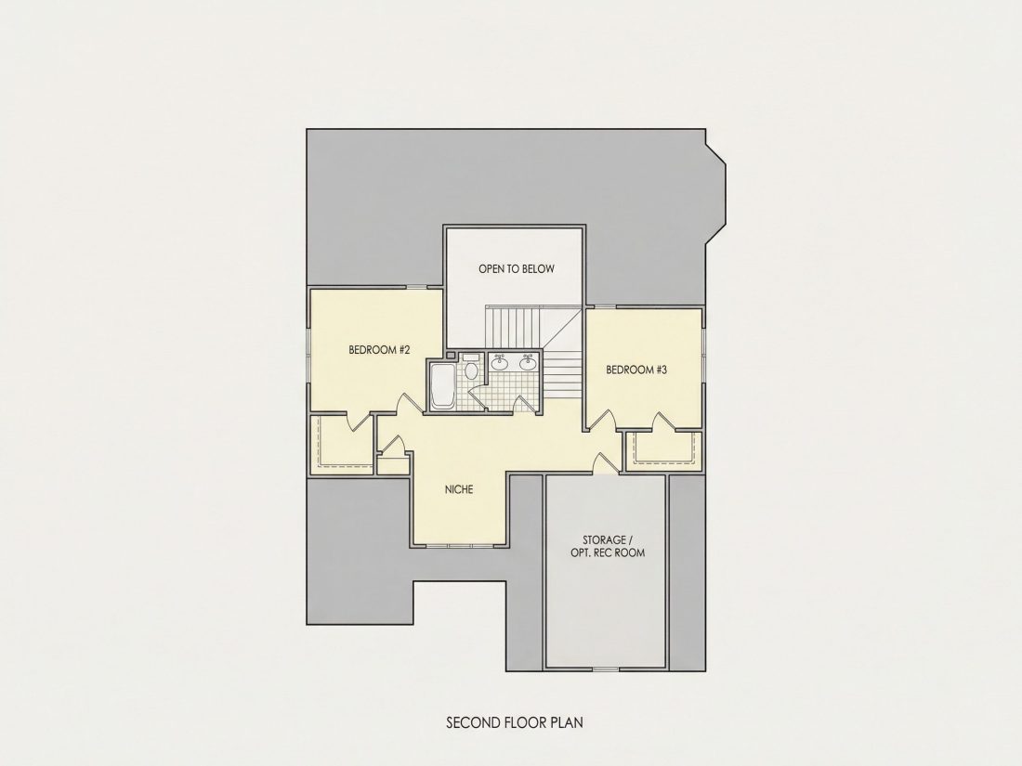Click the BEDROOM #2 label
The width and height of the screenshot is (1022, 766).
[379, 350]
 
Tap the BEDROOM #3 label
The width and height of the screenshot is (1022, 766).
[636, 370]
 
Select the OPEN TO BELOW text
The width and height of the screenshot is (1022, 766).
[517, 268]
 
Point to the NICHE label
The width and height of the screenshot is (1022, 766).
[459, 489]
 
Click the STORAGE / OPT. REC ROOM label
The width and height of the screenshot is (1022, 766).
[613, 547]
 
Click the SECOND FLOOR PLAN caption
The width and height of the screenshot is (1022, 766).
[515, 722]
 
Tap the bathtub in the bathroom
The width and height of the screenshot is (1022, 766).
[442, 387]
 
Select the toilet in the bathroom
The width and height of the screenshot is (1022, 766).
[471, 366]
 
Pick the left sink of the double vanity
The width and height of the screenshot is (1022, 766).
[500, 363]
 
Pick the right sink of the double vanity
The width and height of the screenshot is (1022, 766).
[528, 363]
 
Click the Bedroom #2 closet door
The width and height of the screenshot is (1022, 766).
[360, 422]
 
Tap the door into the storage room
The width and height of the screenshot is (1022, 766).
[605, 462]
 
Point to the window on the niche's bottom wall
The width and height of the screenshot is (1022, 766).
[459, 544]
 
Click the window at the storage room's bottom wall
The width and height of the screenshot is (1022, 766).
[606, 669]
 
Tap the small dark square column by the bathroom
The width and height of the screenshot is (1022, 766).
[451, 355]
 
